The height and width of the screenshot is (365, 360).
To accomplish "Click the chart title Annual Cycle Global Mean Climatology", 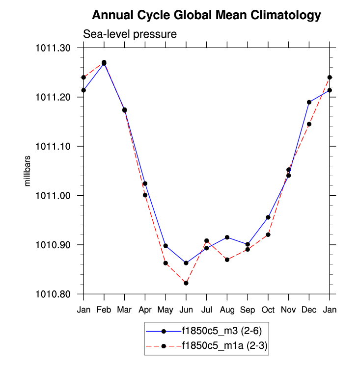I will (x=206, y=15).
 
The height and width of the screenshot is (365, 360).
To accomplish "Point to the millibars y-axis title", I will (x=28, y=171).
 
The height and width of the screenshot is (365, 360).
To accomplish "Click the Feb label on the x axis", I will (x=104, y=311).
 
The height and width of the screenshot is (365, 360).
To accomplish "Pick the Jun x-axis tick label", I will (x=186, y=311).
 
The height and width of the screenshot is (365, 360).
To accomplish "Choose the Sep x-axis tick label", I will (x=248, y=311).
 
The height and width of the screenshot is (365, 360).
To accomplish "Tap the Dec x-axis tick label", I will (x=309, y=311).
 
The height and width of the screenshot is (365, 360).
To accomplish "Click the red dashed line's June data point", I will (x=186, y=283).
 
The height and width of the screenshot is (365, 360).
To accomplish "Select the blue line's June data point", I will (x=186, y=263).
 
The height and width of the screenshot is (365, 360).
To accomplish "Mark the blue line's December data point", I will (x=309, y=102).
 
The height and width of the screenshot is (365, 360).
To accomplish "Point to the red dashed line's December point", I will (x=309, y=124).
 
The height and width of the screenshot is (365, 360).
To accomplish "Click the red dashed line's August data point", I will (x=227, y=260).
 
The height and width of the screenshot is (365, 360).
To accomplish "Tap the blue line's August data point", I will (x=227, y=237).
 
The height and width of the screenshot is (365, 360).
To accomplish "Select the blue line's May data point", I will (x=166, y=246).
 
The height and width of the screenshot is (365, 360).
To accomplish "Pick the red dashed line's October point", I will (x=268, y=235).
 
